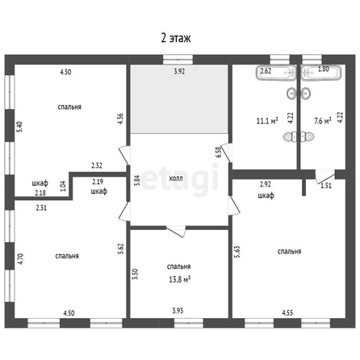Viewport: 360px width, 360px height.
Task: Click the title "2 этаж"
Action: [176, 38]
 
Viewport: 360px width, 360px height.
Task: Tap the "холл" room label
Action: [176, 178]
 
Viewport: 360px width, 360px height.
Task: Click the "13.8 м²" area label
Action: [180, 279]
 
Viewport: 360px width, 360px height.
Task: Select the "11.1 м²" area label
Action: [267, 121]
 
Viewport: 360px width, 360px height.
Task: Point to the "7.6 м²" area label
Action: [323, 121]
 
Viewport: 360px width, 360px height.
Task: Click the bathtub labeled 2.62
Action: [276, 73]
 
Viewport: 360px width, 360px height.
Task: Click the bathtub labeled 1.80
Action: [321, 73]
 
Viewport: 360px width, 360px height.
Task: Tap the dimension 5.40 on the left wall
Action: [19, 127]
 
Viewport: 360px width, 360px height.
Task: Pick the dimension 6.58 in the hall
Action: [219, 152]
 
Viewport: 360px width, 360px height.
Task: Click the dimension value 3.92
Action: [179, 72]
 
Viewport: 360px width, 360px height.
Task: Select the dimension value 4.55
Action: [287, 313]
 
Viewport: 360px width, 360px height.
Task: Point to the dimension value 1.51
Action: [326, 186]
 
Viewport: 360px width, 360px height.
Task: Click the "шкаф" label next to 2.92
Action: [266, 195]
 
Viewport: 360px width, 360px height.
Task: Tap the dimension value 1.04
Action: [62, 186]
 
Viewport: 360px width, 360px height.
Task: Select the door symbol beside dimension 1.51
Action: [325, 175]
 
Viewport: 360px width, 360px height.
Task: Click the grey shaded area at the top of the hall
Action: [179, 99]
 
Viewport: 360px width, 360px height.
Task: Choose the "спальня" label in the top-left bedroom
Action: [69, 107]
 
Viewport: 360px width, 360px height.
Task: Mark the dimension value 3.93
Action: [178, 311]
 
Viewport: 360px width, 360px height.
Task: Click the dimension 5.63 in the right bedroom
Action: [237, 252]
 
